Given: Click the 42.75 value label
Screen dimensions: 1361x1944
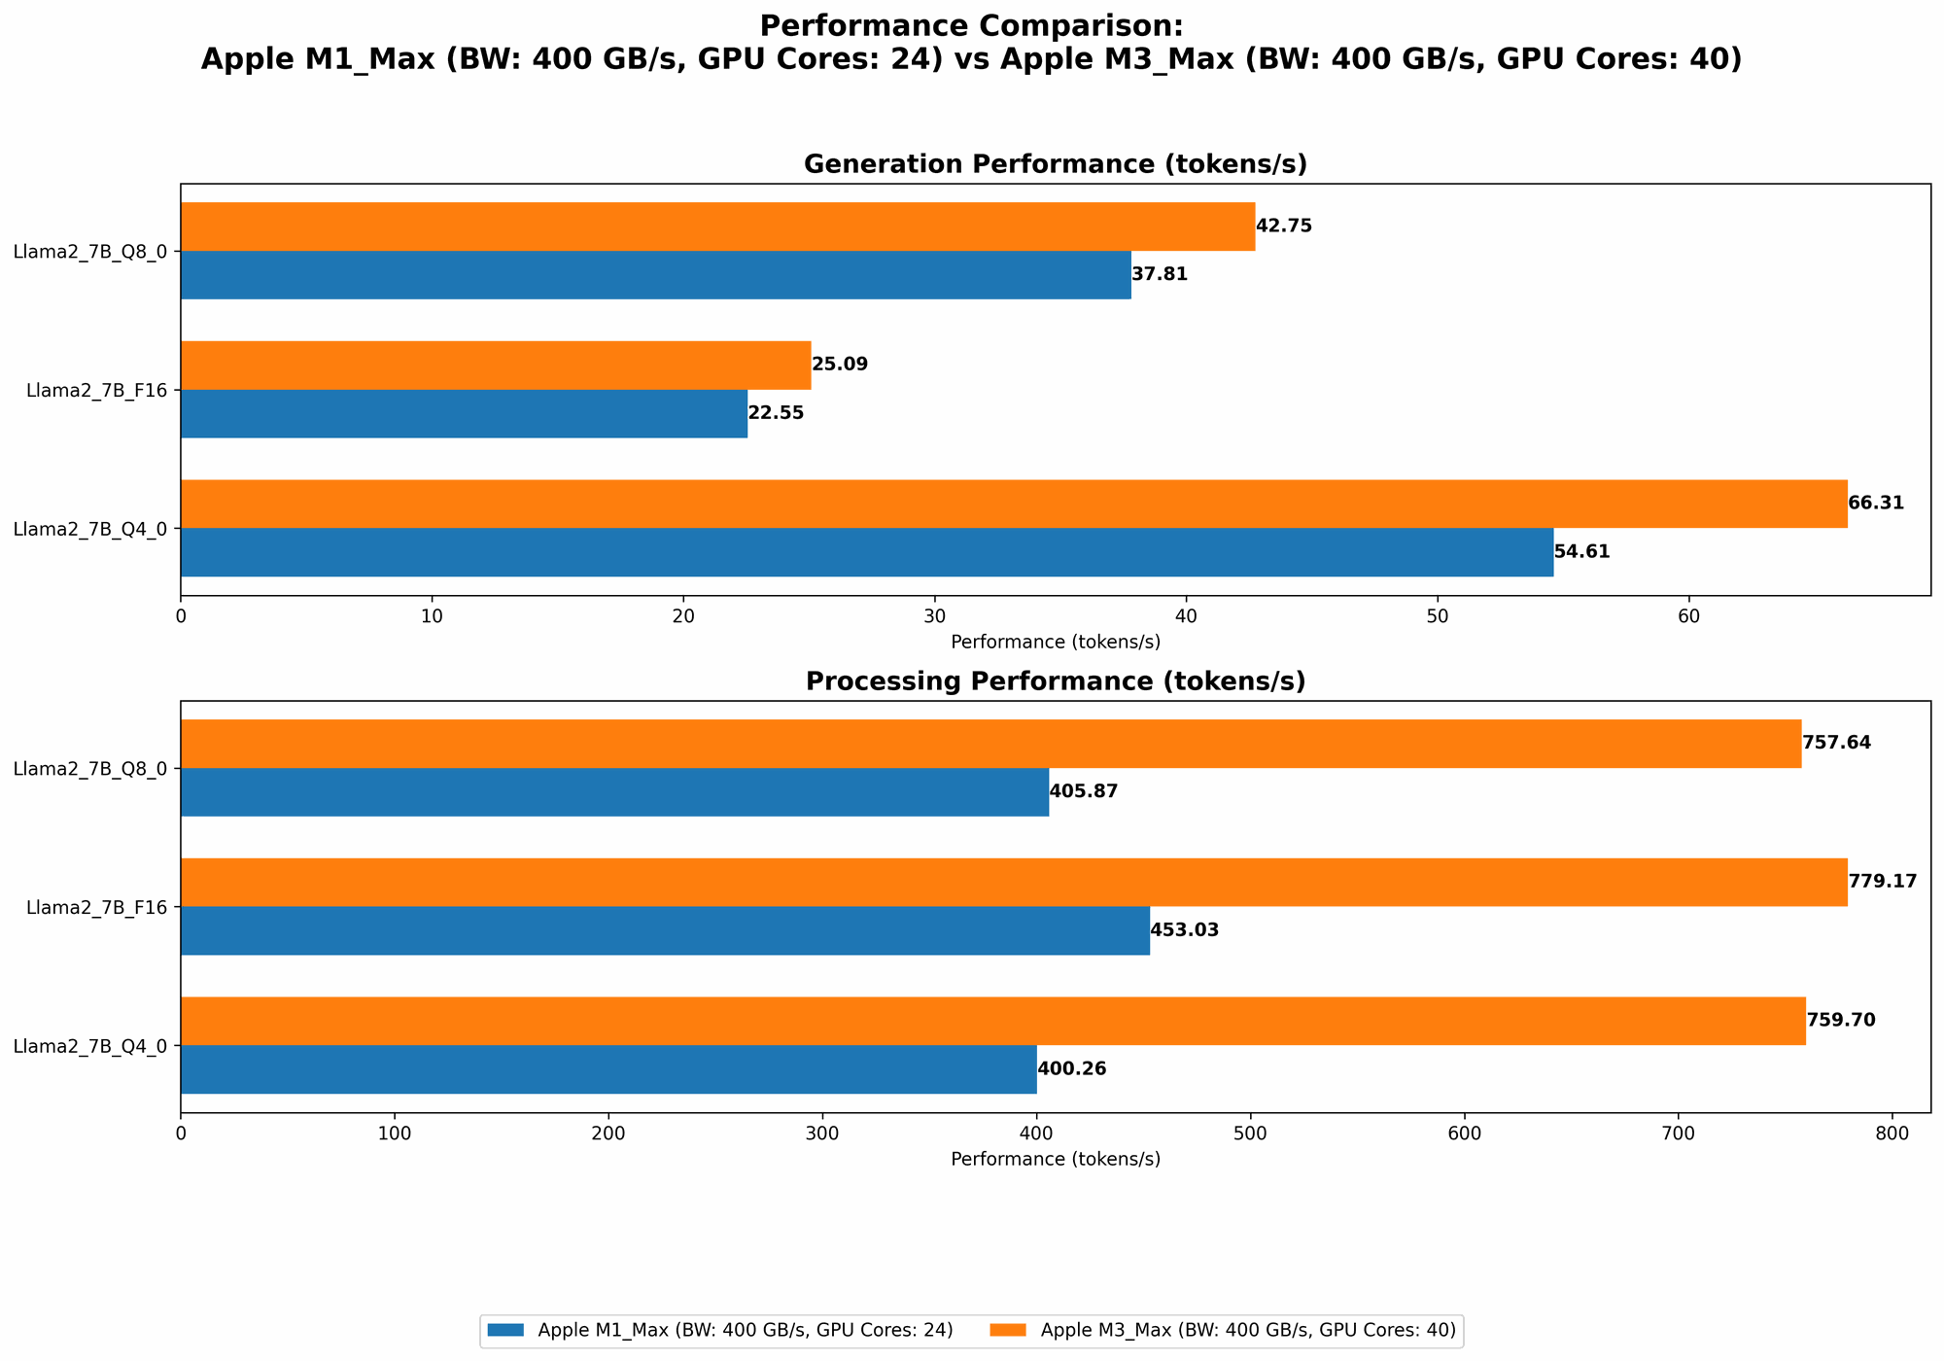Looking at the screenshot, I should click(x=1283, y=227).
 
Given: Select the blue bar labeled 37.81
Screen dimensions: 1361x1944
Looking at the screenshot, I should click(x=655, y=275).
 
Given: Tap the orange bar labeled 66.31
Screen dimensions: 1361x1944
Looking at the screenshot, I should click(x=1013, y=504).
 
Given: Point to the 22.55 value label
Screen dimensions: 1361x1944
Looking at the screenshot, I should click(x=775, y=413).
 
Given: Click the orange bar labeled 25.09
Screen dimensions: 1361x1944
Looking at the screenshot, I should click(x=495, y=366).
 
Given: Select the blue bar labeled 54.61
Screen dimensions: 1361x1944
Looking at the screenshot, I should click(x=866, y=552).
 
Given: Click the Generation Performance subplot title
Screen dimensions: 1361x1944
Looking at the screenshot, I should click(x=1055, y=164).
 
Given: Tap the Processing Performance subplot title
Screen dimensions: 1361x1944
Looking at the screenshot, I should click(x=1055, y=681).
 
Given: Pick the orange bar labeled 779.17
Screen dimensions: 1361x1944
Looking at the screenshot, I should click(x=1013, y=883).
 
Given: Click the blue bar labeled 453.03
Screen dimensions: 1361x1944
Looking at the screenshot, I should click(x=665, y=930).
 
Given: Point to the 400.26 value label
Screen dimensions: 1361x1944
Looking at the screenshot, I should click(x=1071, y=1069).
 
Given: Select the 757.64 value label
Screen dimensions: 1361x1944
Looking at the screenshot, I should click(x=1835, y=744).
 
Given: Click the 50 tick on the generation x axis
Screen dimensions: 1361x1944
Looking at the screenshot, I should click(x=1437, y=617).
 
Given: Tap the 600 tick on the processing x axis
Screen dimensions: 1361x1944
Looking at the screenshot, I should click(x=1464, y=1134).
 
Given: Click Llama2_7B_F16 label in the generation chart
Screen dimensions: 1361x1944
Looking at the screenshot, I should click(x=96, y=391).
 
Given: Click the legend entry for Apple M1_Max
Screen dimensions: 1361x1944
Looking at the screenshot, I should click(x=744, y=1331).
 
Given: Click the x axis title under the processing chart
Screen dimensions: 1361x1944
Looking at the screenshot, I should click(x=1055, y=1160).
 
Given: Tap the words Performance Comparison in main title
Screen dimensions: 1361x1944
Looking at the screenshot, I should click(x=970, y=25).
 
